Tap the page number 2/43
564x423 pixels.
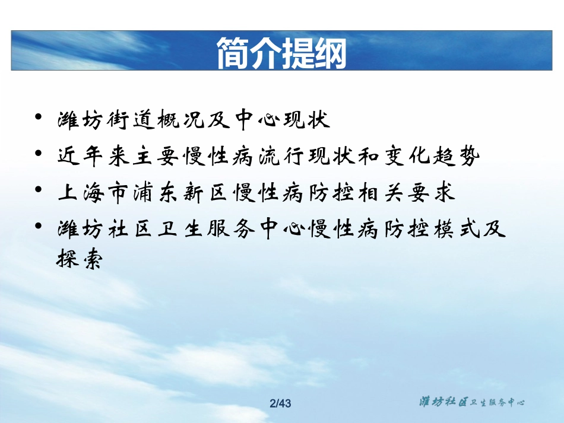click(281, 404)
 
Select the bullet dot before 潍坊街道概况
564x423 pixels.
click(39, 117)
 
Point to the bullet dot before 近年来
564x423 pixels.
click(39, 154)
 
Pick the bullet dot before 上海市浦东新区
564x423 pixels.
click(39, 190)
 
